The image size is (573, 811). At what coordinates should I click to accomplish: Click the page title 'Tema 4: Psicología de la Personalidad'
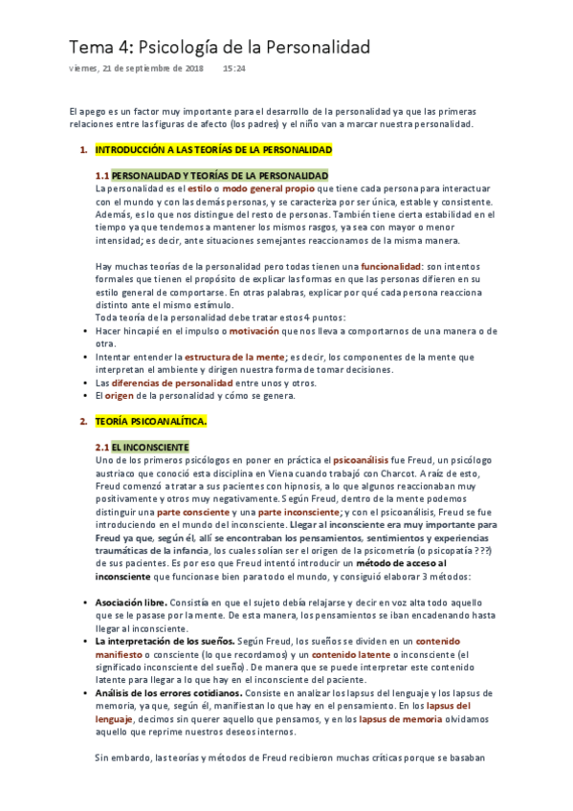(x=219, y=47)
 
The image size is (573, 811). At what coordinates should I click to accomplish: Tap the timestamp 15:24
(x=234, y=69)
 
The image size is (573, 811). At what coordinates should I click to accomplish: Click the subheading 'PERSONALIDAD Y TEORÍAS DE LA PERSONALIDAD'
(x=220, y=176)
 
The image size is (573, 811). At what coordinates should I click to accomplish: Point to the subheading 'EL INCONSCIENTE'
(x=150, y=447)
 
